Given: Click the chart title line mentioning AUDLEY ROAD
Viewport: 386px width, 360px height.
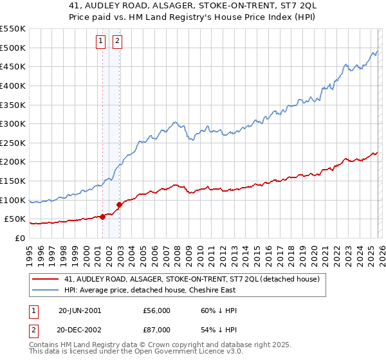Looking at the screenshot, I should (192, 6).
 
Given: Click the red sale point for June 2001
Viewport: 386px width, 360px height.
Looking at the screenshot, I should (103, 217).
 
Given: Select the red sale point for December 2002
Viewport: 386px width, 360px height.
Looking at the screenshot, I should (120, 205).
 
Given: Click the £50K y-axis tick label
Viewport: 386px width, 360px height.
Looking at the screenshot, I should (14, 219).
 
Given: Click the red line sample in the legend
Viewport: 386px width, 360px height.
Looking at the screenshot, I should (46, 278).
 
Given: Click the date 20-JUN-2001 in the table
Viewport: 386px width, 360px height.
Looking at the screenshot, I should (80, 310).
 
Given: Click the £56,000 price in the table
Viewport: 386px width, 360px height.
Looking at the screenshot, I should (156, 310).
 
